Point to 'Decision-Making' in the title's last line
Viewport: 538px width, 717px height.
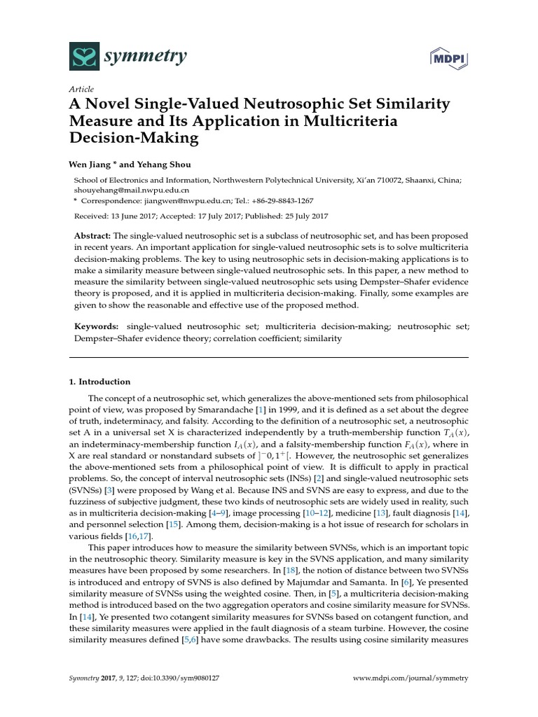[x=133, y=138]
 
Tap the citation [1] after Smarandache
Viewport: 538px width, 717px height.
[x=260, y=408]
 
